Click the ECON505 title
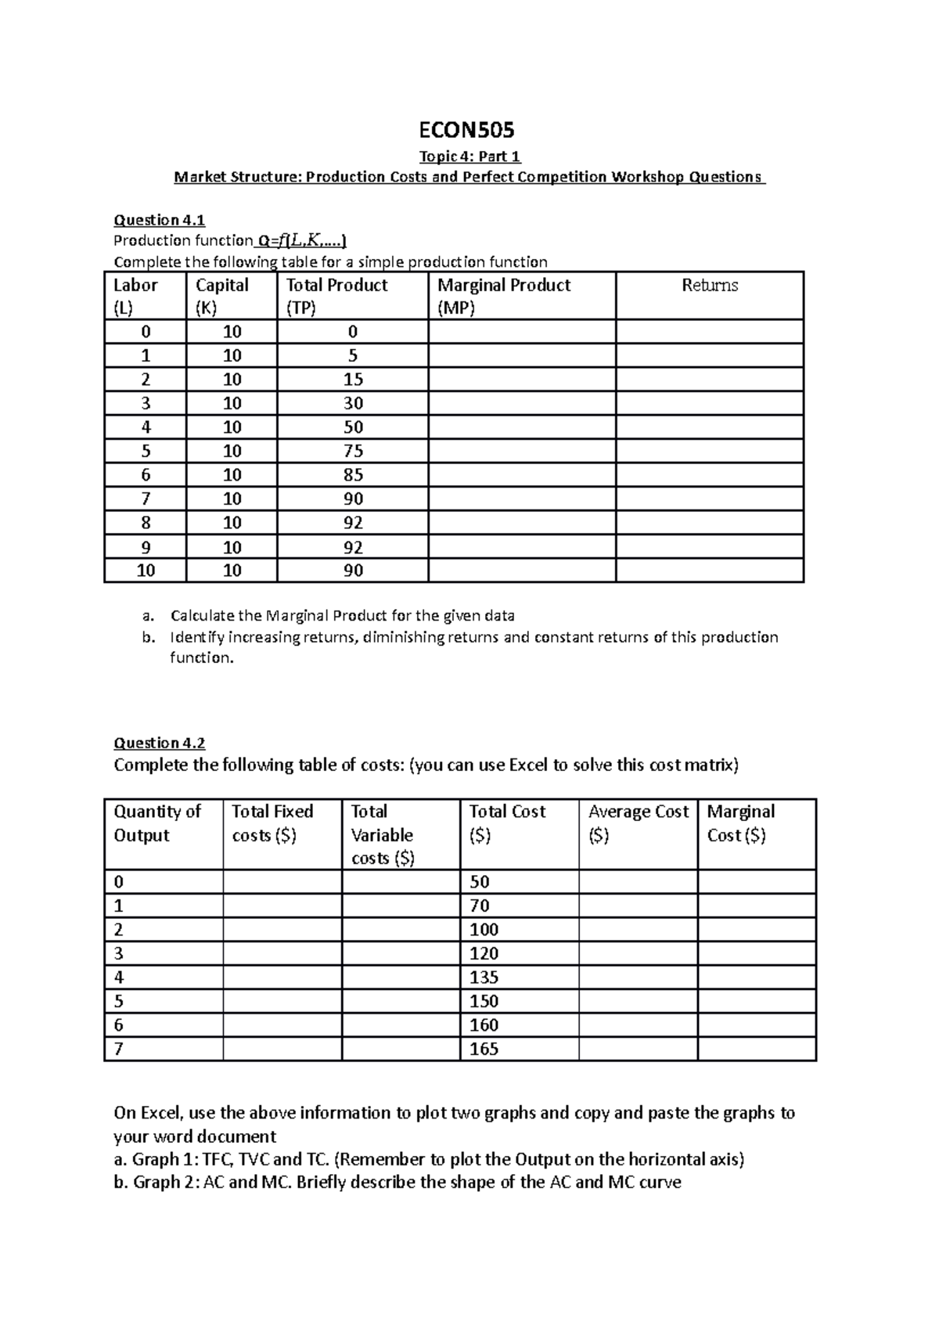(469, 129)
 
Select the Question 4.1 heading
(160, 220)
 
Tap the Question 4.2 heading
(160, 743)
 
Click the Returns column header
(710, 286)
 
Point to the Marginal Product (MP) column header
(504, 296)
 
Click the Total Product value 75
(353, 451)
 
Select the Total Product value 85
(353, 475)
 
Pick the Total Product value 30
(353, 403)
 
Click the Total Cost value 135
(484, 978)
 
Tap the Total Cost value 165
(484, 1049)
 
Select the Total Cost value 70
(479, 906)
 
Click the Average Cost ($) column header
(638, 823)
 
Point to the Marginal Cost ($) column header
(740, 823)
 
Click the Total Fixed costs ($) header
(272, 823)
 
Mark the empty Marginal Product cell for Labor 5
(522, 451)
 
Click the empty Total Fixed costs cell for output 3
(282, 953)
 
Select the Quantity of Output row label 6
(119, 1025)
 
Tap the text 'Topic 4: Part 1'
(469, 157)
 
